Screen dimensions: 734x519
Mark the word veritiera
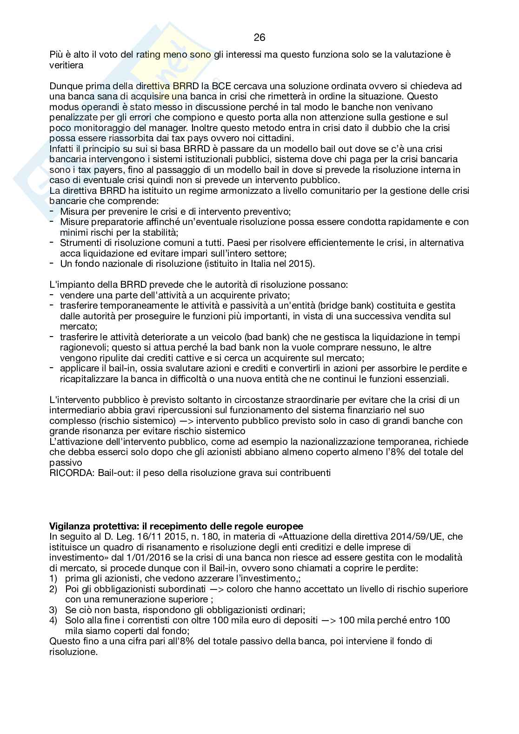point(67,65)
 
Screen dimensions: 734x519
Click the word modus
point(62,107)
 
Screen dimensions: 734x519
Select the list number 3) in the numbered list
point(53,610)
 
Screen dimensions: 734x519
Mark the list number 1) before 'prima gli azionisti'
point(53,578)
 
